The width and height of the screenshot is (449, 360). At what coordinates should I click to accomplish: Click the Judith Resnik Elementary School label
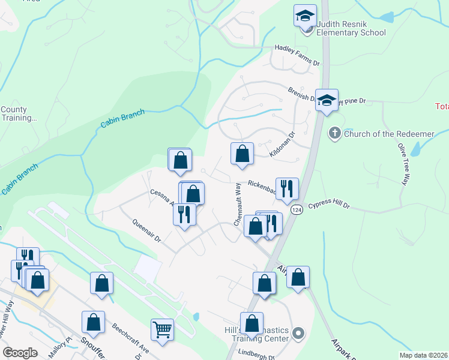351,28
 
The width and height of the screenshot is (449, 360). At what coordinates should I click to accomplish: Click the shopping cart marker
162,329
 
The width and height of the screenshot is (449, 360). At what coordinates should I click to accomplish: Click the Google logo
20,353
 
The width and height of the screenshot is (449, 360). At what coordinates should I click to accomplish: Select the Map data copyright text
424,355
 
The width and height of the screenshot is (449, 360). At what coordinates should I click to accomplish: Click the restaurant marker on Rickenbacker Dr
287,188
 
